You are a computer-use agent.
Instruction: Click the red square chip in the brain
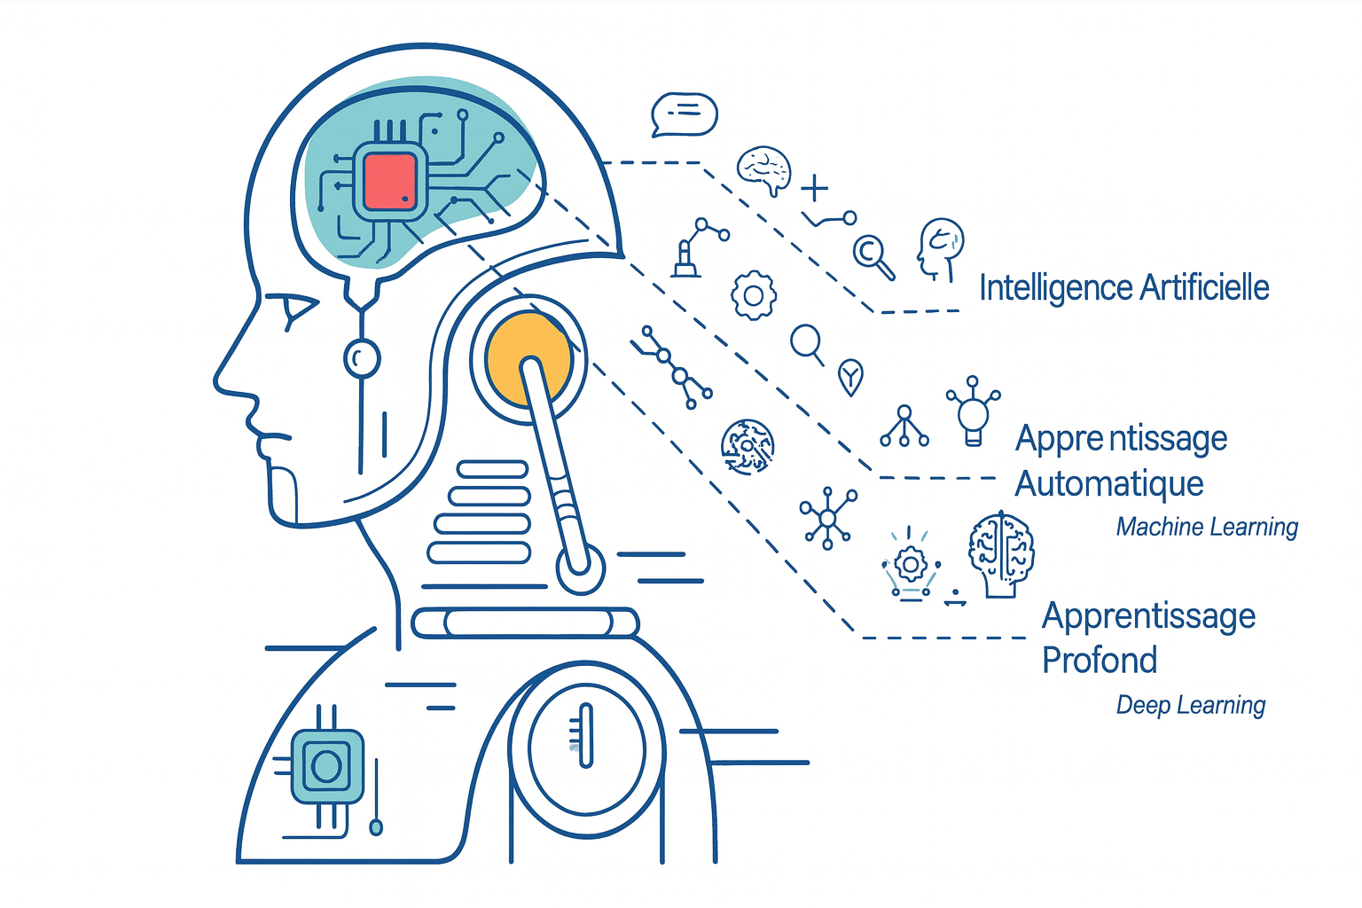[x=390, y=182]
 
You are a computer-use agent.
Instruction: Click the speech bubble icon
[x=684, y=114]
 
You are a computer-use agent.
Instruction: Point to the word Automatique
[x=1108, y=484]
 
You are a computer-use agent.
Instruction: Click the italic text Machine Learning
[x=1206, y=527]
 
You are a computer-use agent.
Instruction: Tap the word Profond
[x=1099, y=661]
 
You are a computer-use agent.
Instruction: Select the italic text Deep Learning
[x=1190, y=705]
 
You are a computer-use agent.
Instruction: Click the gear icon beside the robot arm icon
[x=754, y=294]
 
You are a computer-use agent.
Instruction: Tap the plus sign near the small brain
[x=814, y=188]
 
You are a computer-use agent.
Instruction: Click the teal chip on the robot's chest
[x=326, y=766]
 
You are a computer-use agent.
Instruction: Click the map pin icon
[x=850, y=377]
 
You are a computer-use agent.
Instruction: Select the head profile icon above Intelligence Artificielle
[x=940, y=249]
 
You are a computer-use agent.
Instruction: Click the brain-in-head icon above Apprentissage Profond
[x=1001, y=553]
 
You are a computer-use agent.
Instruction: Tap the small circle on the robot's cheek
[x=361, y=358]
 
